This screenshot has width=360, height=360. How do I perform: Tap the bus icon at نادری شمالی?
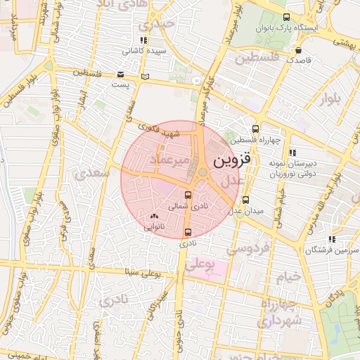188,195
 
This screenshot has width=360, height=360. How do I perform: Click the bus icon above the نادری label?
188,232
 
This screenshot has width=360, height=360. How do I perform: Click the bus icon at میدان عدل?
244,200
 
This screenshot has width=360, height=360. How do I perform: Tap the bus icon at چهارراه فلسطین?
255,129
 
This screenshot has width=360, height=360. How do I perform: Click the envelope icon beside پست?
120,75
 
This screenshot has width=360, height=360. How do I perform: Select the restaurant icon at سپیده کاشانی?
144,41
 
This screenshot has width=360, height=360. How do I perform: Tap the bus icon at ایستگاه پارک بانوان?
285,17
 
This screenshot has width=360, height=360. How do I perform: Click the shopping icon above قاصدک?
300,51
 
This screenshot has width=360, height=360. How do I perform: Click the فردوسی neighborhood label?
247,248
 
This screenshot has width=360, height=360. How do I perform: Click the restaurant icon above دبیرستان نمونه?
292,153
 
